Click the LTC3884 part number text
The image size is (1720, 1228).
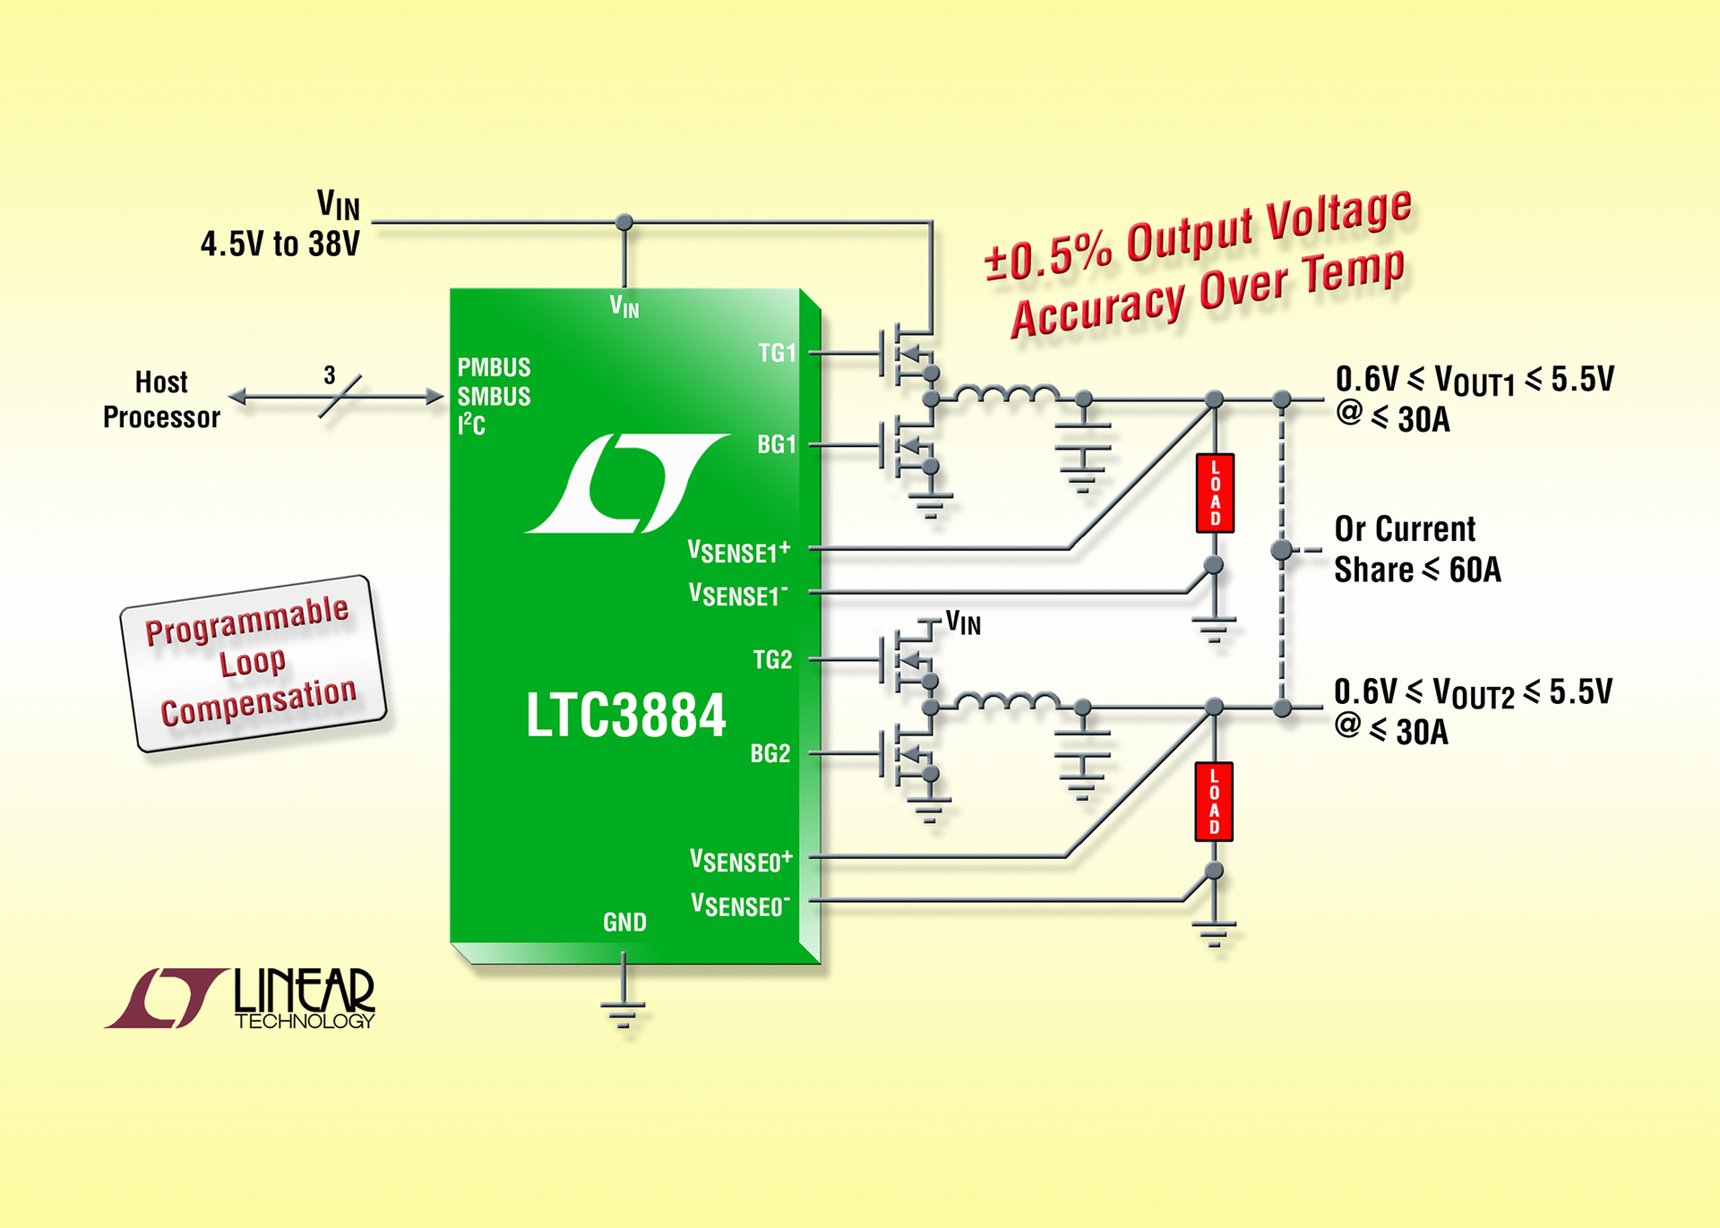(x=625, y=716)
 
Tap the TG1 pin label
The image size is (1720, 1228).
(x=777, y=353)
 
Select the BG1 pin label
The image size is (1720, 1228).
(x=777, y=444)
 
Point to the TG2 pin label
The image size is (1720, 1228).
(x=772, y=660)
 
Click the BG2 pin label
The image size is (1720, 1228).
(x=770, y=753)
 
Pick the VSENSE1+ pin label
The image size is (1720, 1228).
(x=739, y=551)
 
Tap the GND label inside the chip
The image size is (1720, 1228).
(x=624, y=922)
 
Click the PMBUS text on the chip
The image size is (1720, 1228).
(x=494, y=367)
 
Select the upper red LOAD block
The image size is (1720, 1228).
(x=1215, y=493)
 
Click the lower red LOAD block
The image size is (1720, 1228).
(x=1214, y=802)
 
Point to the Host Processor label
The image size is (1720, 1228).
(x=161, y=399)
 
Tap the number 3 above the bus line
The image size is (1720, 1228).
(x=330, y=374)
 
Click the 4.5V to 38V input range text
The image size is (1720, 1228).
(x=279, y=244)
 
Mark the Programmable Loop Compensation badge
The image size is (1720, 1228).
(x=254, y=663)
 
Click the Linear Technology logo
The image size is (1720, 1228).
(x=240, y=998)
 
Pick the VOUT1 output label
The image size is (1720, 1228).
(x=1475, y=381)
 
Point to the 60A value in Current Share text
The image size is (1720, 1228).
(x=1475, y=570)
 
